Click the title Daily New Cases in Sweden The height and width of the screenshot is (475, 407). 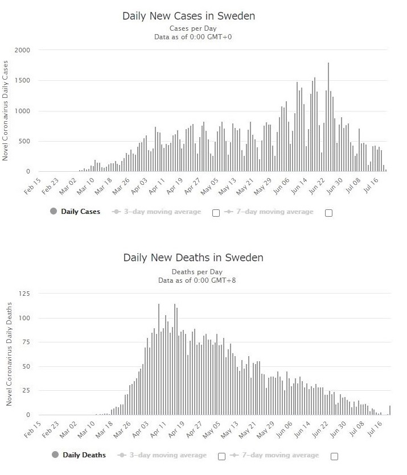pos(189,16)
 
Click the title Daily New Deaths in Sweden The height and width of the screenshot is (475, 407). pos(194,258)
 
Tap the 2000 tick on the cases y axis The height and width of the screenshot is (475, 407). pos(30,50)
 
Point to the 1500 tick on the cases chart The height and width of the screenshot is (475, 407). pos(30,81)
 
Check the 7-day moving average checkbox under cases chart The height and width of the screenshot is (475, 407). pos(328,213)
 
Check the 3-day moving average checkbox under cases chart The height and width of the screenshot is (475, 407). pos(216,213)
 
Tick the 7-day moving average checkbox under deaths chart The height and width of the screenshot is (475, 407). pos(334,456)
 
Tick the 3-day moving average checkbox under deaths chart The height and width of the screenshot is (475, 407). pos(222,456)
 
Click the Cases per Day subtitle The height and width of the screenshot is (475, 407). pos(194,28)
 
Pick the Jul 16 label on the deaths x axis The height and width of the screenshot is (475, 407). pos(380,429)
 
